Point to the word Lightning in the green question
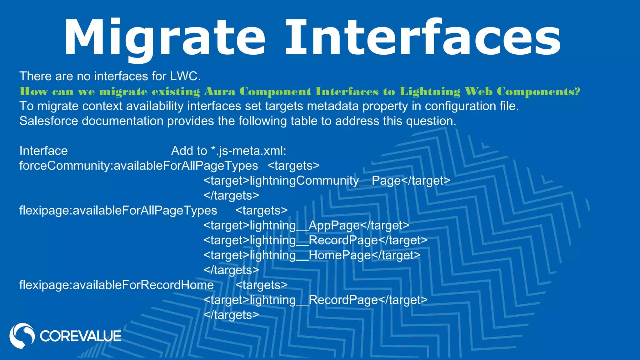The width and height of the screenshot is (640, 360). (x=430, y=91)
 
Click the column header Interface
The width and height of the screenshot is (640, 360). (x=43, y=151)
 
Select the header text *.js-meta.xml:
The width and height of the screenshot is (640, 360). (x=249, y=151)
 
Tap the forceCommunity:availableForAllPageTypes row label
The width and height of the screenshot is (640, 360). (x=138, y=166)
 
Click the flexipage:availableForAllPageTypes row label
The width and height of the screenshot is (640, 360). (x=118, y=210)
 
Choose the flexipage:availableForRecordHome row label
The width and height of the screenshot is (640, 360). (x=117, y=285)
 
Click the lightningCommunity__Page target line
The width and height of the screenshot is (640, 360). (x=327, y=181)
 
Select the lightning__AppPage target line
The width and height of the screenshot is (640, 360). (x=306, y=225)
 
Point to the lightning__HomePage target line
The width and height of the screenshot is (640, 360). (x=312, y=255)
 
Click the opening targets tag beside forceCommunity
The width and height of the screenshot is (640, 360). (x=293, y=166)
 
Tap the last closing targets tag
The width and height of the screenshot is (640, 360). (x=231, y=315)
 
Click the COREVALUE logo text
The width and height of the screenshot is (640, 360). (x=80, y=336)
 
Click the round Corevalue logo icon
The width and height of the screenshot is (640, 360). (x=22, y=336)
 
